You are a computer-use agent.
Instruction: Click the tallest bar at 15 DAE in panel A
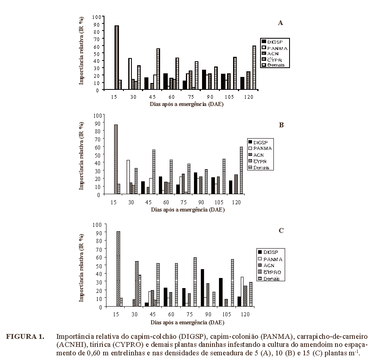pos(117,58)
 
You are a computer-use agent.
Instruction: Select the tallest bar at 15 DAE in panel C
pos(118,269)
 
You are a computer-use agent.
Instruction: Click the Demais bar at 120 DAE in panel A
pos(254,68)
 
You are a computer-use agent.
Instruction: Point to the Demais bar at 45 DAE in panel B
pos(154,172)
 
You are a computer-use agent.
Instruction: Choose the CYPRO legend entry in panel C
pos(271,272)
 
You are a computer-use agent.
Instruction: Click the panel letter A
pos(280,23)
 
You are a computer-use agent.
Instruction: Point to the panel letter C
pos(281,230)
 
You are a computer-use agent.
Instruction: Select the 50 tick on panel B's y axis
pos(97,155)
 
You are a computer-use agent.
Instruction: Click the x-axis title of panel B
pos(188,210)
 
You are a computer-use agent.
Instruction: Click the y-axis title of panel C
pos(81,268)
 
